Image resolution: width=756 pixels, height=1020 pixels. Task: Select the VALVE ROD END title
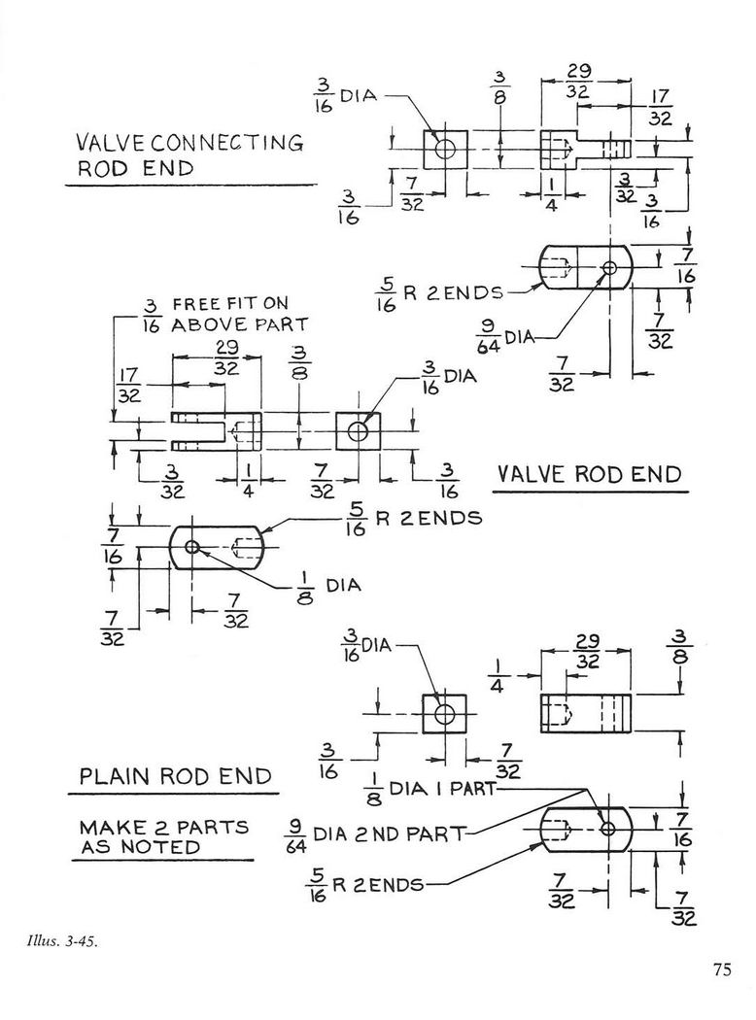[590, 474]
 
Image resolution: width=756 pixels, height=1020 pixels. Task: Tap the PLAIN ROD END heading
[175, 776]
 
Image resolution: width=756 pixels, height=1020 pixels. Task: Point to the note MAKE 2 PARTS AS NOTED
[164, 837]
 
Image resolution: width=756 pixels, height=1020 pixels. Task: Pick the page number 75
[722, 970]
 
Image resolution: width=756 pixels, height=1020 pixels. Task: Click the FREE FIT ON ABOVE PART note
[224, 315]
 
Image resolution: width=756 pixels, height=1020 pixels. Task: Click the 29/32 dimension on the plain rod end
[587, 651]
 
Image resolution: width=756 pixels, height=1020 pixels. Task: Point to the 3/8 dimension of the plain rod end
[680, 646]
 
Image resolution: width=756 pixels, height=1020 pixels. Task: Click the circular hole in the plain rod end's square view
[445, 714]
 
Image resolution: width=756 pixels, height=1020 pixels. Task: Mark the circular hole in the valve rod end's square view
[358, 430]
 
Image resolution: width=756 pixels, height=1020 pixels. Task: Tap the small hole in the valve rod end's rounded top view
[191, 546]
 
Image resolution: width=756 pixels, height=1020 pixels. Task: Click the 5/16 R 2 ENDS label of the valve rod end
[414, 520]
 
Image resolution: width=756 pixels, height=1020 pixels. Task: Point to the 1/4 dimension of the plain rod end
[498, 676]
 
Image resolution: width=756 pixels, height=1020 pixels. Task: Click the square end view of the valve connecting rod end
[446, 149]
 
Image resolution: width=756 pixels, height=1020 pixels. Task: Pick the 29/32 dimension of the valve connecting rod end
[578, 82]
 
